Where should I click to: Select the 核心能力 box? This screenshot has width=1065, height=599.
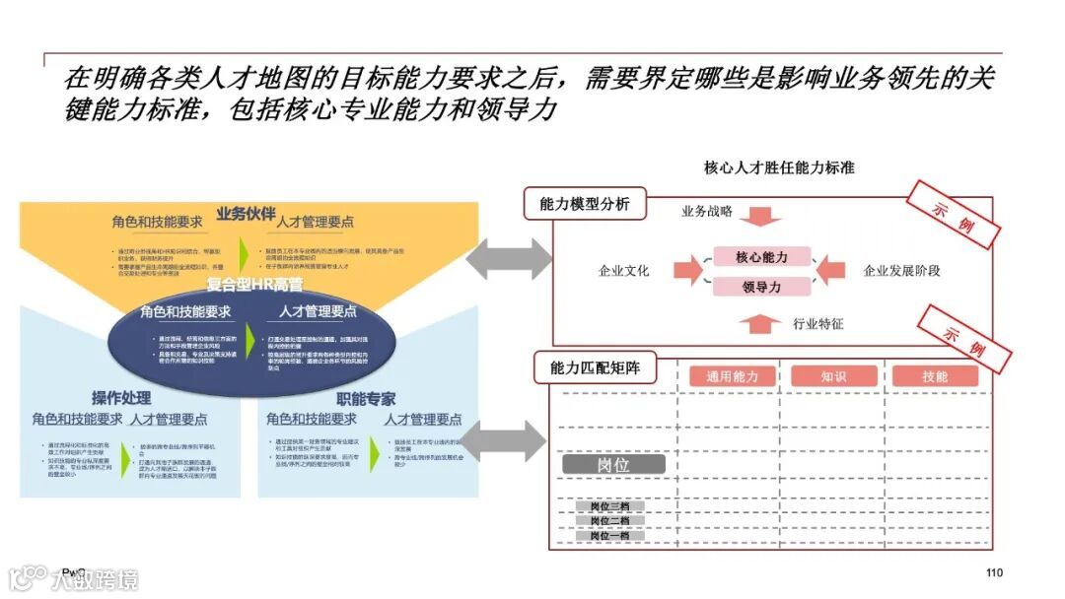coord(761,257)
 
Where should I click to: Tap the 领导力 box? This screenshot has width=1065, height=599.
coord(761,287)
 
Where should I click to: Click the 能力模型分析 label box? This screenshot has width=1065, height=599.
coord(585,205)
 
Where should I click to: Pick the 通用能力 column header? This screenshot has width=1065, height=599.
coord(732,376)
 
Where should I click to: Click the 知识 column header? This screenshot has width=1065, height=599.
coord(833,376)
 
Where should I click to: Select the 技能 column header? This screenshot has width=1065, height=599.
coord(935,376)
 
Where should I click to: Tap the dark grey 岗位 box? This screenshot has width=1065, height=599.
coord(613,464)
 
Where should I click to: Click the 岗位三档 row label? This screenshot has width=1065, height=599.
coord(609,506)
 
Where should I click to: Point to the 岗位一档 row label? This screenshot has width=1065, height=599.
coord(609,535)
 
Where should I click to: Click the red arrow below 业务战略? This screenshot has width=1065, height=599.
coord(760,214)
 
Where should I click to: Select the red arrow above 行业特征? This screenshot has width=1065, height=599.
coord(760,321)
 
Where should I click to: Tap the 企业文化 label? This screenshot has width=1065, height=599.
coord(623,271)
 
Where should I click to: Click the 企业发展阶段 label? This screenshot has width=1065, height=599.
coord(901,271)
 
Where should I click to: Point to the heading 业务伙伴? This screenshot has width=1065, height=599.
coord(246,214)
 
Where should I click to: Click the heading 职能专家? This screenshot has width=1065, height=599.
coord(366,399)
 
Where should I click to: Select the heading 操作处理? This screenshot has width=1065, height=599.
coord(121,398)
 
